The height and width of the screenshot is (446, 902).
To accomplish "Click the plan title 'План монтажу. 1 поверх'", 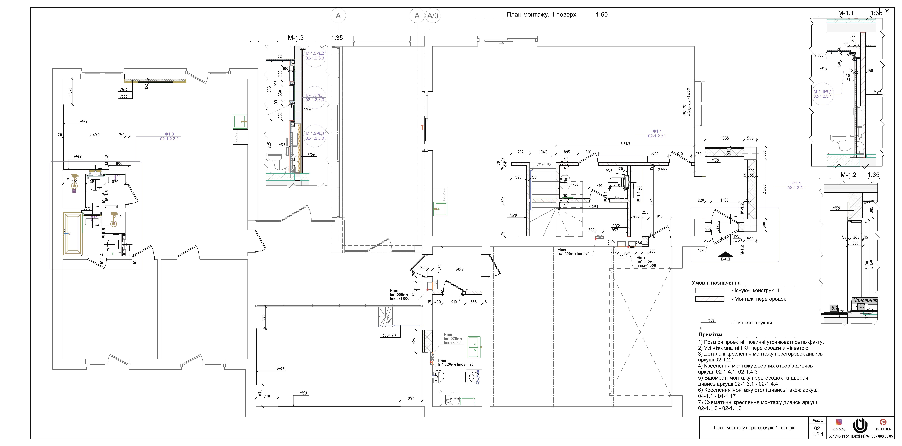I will click(x=541, y=15).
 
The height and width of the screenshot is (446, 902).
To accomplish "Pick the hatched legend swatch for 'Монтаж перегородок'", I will click(x=709, y=299).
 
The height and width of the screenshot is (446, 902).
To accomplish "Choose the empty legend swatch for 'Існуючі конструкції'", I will click(x=709, y=290).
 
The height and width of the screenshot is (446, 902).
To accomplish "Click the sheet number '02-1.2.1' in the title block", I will click(x=818, y=431).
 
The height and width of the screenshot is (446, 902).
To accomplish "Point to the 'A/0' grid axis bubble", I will click(x=433, y=16).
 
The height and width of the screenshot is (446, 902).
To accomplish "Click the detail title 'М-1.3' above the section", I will click(x=296, y=38).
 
